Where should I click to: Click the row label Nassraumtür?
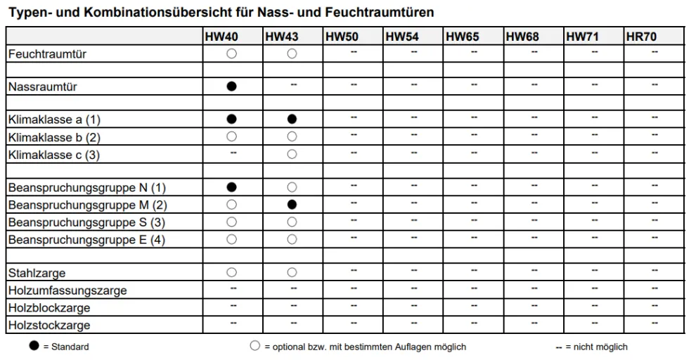point(43,87)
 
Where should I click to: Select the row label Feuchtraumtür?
point(47,53)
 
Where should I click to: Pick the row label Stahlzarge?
point(37,273)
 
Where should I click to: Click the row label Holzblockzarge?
point(49,308)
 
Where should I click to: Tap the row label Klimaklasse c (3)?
point(54,155)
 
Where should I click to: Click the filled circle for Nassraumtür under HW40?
point(231,86)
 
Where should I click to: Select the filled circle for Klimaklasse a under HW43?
point(292,120)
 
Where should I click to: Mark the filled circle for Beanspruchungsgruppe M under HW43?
point(292,205)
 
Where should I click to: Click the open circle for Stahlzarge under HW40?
point(231,272)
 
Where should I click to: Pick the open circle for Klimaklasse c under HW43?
point(292,154)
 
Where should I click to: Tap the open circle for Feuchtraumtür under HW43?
point(292,53)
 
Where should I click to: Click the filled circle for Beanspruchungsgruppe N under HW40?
point(231,187)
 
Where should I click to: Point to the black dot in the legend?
point(34,346)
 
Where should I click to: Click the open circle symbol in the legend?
point(254,346)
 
